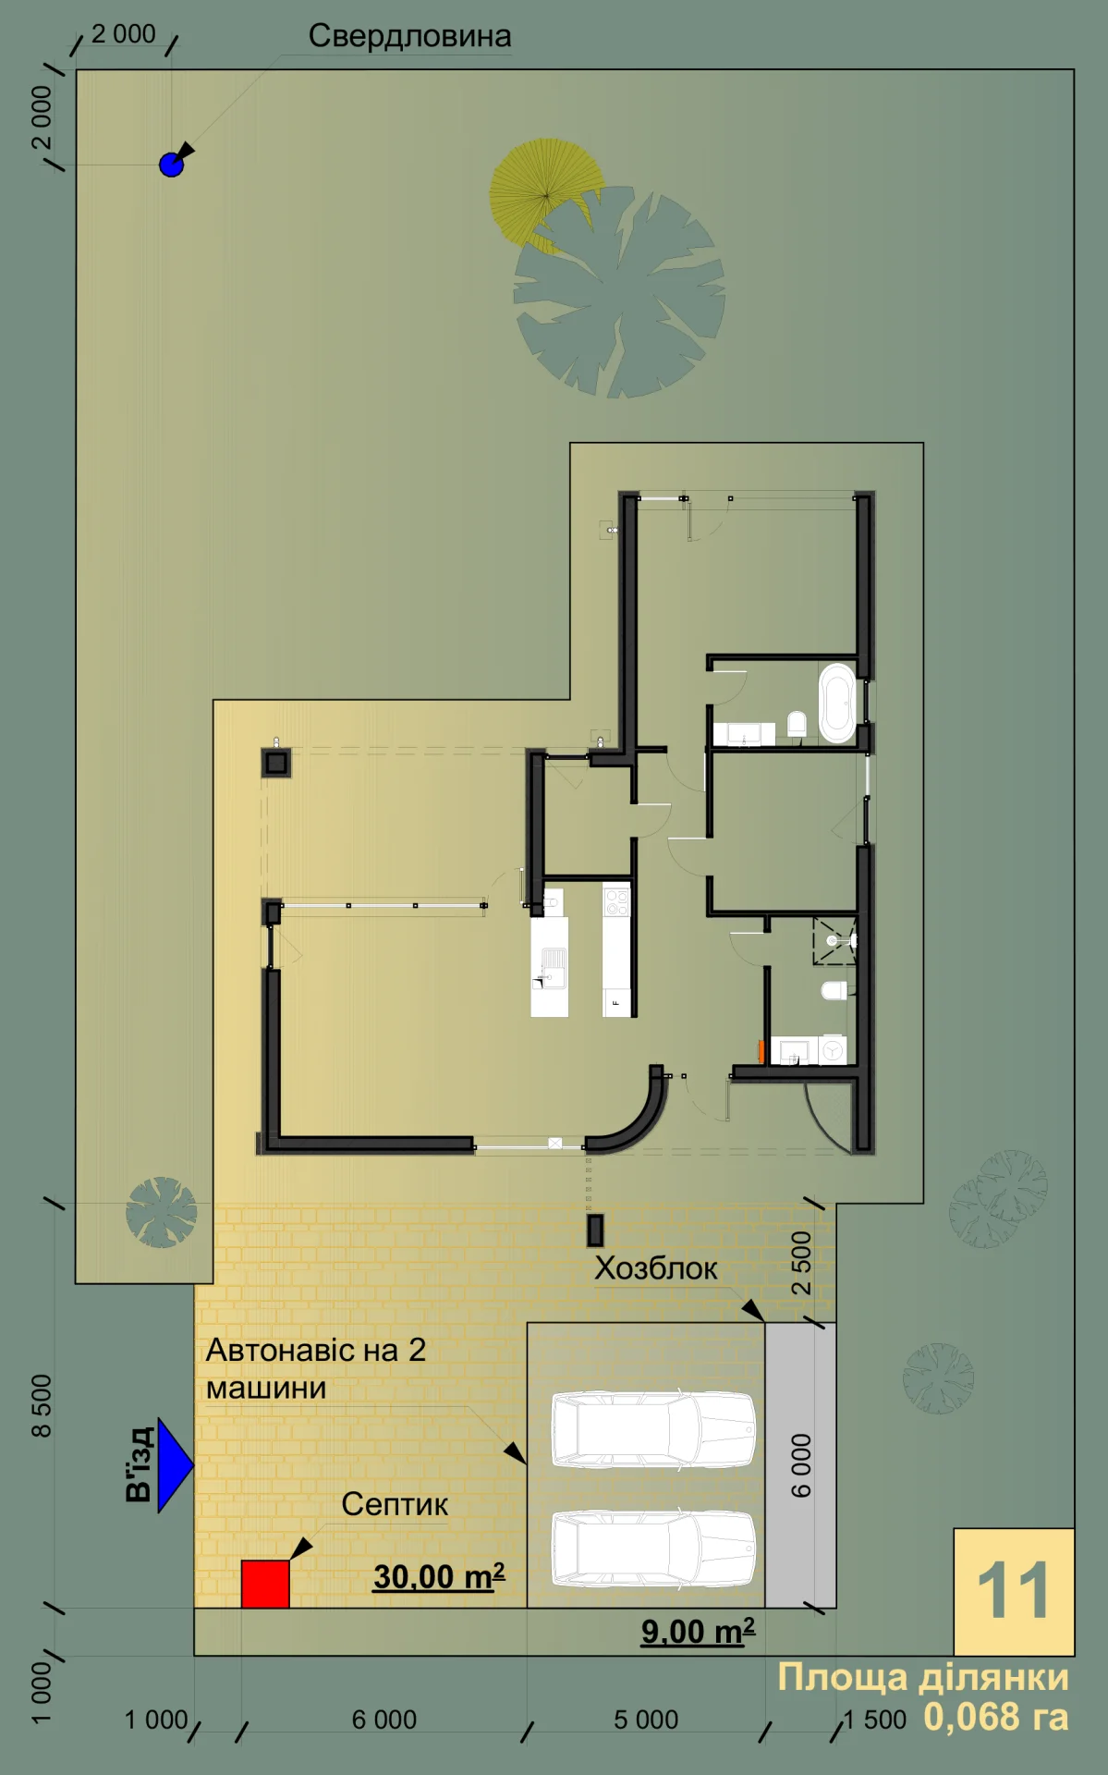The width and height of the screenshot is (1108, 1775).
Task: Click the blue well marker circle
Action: (x=171, y=165)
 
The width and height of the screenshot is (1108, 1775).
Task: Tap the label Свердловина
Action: (x=409, y=36)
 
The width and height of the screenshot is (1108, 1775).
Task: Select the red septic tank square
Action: (x=265, y=1584)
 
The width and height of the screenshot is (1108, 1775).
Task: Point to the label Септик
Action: (x=395, y=1504)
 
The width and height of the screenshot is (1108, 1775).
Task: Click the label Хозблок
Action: (x=655, y=1267)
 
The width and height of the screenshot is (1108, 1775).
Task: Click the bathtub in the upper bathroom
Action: (x=837, y=702)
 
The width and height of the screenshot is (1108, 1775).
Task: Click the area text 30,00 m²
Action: (x=439, y=1576)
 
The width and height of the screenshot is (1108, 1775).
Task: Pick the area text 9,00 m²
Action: (x=698, y=1632)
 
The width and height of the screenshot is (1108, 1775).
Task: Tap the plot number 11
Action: (x=1014, y=1591)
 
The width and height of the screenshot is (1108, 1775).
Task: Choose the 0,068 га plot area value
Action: (x=996, y=1717)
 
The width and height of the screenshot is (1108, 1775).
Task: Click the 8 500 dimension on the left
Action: (x=42, y=1405)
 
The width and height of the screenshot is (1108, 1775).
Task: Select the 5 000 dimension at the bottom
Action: (x=646, y=1720)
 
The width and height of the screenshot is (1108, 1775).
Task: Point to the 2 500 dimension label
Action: (x=801, y=1263)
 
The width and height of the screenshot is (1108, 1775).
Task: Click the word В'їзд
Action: (x=140, y=1464)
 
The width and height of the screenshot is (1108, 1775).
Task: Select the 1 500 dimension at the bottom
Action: (x=875, y=1720)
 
